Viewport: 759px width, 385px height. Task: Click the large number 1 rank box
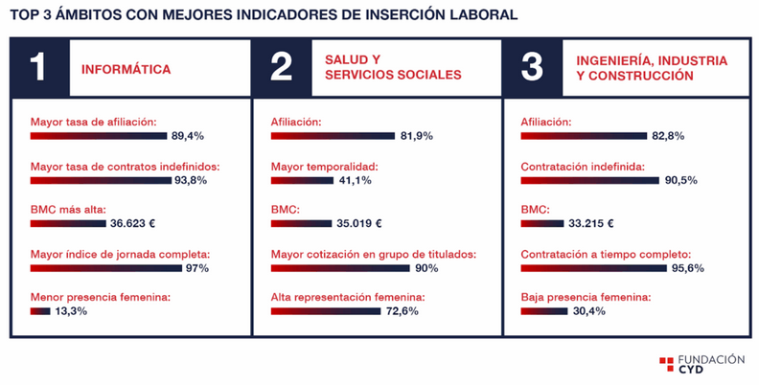pos(39,68)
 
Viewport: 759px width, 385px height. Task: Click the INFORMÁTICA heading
pos(126,69)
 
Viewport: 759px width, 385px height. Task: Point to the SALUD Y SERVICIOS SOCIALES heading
pos(393,67)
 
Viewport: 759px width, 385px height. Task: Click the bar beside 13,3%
pos(40,311)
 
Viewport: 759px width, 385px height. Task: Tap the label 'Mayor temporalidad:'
pos(324,166)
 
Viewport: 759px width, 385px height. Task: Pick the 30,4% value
pos(589,311)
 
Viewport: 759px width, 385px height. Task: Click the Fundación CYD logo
pos(701,364)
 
